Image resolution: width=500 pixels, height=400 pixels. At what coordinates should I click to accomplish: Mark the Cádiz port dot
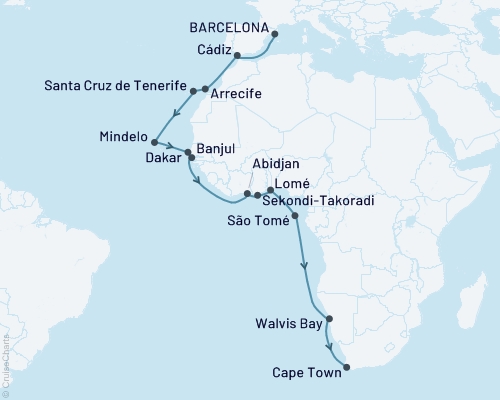pos(236,56)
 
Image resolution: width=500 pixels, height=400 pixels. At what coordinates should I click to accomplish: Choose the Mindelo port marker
pos(154,141)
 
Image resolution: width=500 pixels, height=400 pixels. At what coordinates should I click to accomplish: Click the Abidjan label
pos(253,171)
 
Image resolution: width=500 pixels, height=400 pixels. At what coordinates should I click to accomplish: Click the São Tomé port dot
pos(294,215)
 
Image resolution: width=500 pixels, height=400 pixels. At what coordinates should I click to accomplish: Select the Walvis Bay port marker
pos(329,321)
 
